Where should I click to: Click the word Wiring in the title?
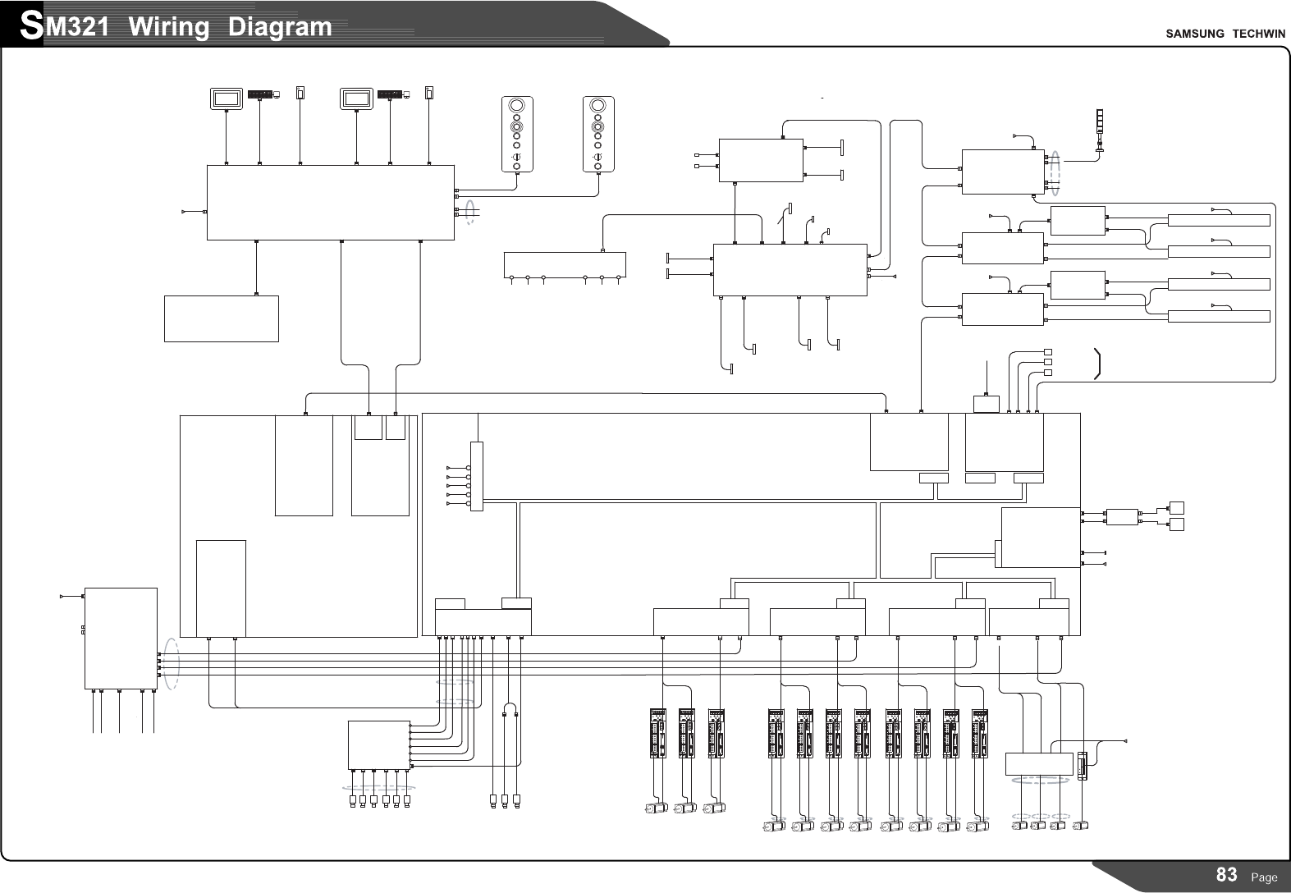pyautogui.click(x=169, y=27)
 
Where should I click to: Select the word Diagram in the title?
pyautogui.click(x=280, y=27)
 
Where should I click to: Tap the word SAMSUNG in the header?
pyautogui.click(x=1195, y=34)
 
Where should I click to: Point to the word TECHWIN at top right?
pyautogui.click(x=1257, y=34)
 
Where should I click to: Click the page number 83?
pyautogui.click(x=1226, y=875)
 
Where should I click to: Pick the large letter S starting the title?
pyautogui.click(x=31, y=26)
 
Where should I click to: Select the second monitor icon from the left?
pyautogui.click(x=355, y=98)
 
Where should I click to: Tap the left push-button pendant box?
pyautogui.click(x=517, y=135)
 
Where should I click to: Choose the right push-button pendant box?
pyautogui.click(x=598, y=135)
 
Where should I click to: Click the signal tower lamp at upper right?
pyautogui.click(x=1101, y=131)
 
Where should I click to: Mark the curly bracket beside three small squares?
pyautogui.click(x=1098, y=364)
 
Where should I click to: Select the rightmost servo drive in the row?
pyautogui.click(x=979, y=733)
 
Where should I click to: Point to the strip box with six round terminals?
pyautogui.click(x=565, y=264)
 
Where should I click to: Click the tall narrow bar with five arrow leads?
pyautogui.click(x=476, y=476)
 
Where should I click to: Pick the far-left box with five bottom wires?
pyautogui.click(x=121, y=638)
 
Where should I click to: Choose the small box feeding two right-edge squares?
pyautogui.click(x=1122, y=516)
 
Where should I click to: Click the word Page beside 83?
pyautogui.click(x=1264, y=877)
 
